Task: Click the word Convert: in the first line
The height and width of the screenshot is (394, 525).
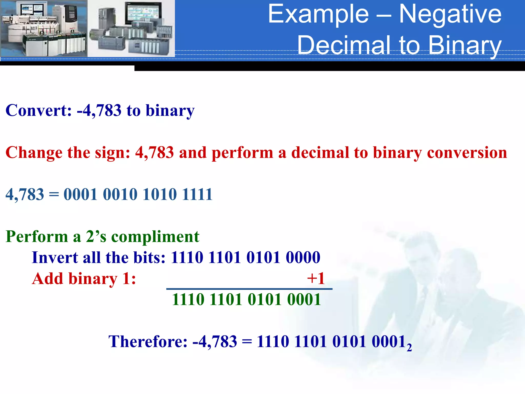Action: (38, 110)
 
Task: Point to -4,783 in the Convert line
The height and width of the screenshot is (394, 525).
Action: (99, 110)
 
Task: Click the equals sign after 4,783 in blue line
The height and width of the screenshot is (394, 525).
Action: (54, 194)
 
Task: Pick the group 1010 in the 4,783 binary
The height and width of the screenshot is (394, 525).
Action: (160, 194)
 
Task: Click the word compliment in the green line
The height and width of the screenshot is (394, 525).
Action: (155, 236)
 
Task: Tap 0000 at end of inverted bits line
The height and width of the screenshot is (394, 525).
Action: (303, 257)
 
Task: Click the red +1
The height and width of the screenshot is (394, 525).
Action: (316, 278)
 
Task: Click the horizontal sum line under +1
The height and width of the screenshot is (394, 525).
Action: (249, 289)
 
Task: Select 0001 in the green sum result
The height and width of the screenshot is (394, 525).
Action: (304, 299)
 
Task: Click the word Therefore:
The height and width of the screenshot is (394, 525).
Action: (148, 341)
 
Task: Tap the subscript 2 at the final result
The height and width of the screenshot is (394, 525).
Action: (409, 348)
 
